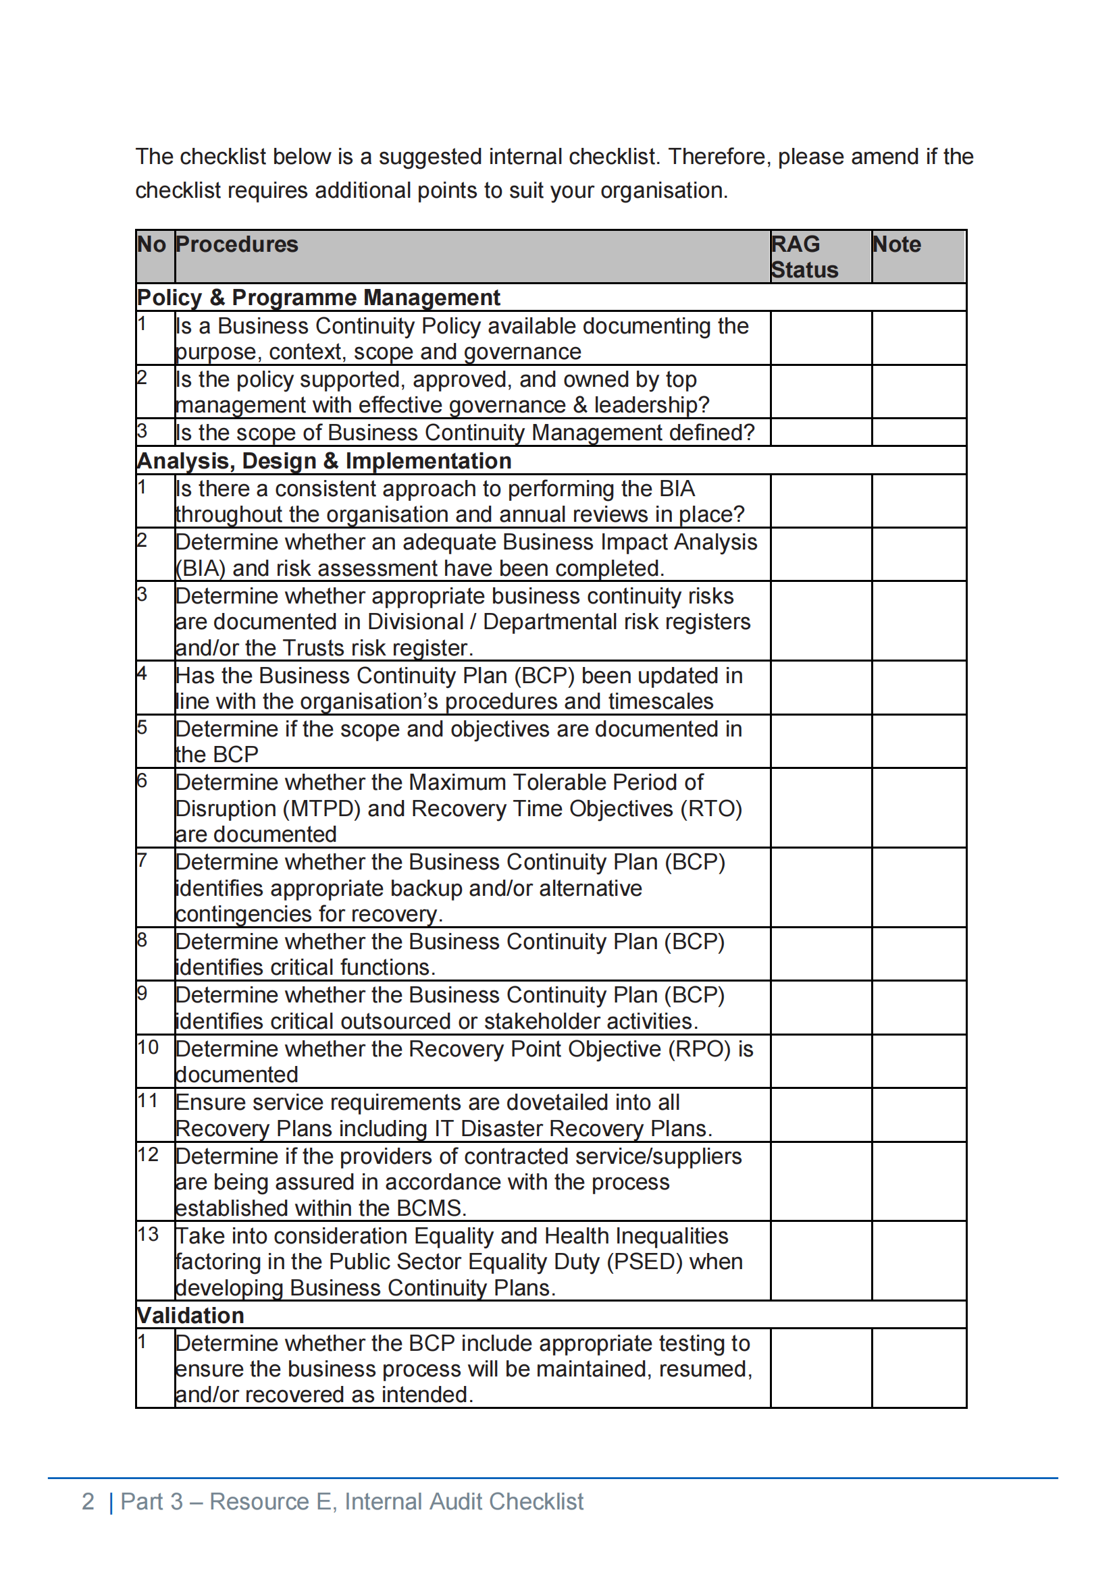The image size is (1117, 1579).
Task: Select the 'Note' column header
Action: tap(896, 244)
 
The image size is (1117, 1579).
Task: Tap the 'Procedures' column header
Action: tap(236, 244)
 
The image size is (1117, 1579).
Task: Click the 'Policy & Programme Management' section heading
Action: tap(319, 297)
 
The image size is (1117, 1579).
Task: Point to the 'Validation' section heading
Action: tap(190, 1315)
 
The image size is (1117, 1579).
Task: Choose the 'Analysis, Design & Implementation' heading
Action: tap(324, 461)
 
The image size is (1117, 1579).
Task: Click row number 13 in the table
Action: tap(148, 1234)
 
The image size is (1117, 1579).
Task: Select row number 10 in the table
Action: tap(148, 1047)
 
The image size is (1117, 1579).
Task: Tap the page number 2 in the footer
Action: tap(88, 1501)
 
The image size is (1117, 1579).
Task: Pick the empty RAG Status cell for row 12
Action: tap(821, 1181)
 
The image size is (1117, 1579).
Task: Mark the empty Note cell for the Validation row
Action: tap(918, 1368)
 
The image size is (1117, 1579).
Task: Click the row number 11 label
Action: tap(148, 1100)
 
